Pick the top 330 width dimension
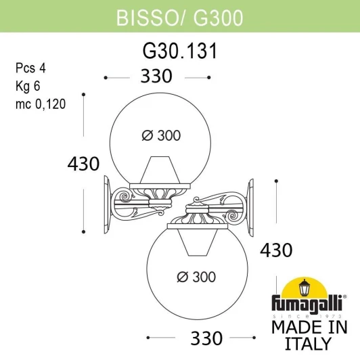157,76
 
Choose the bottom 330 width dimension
201,336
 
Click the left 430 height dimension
83,163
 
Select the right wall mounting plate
250,201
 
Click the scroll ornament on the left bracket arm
125,198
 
